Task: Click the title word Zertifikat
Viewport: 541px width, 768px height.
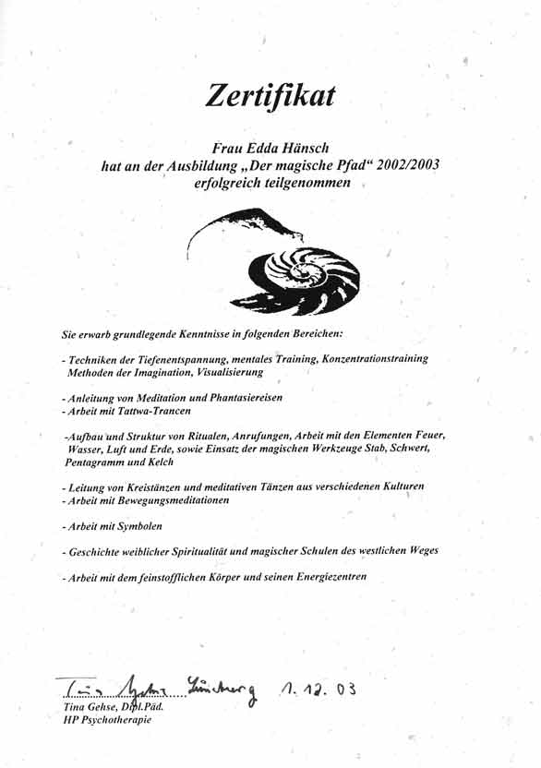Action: (x=270, y=97)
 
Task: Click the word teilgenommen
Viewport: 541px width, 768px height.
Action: (x=307, y=183)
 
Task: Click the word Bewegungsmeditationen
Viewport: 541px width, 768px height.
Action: (x=179, y=500)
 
